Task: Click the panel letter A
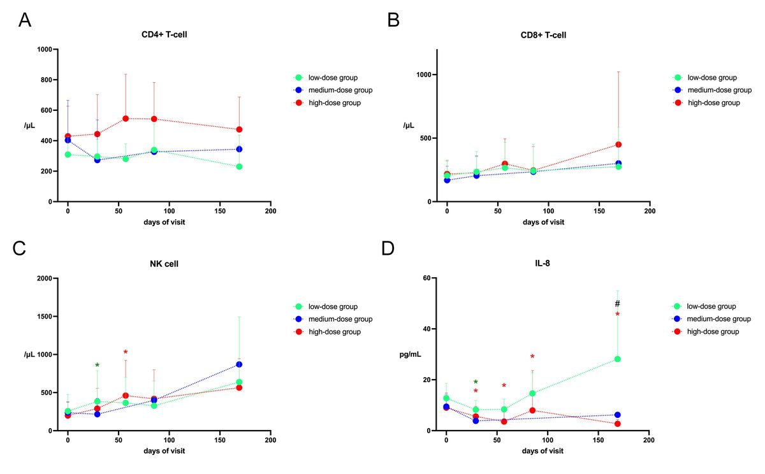[24, 20]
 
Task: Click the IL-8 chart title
[543, 264]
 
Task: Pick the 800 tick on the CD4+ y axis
[45, 80]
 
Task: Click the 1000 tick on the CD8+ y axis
[423, 75]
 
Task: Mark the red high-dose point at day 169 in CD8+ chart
[618, 145]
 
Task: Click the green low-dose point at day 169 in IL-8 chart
[617, 359]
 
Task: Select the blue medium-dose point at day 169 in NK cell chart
[239, 364]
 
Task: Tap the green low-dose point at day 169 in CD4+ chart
[239, 167]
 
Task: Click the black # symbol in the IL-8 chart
[617, 304]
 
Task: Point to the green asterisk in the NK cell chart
[98, 366]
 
